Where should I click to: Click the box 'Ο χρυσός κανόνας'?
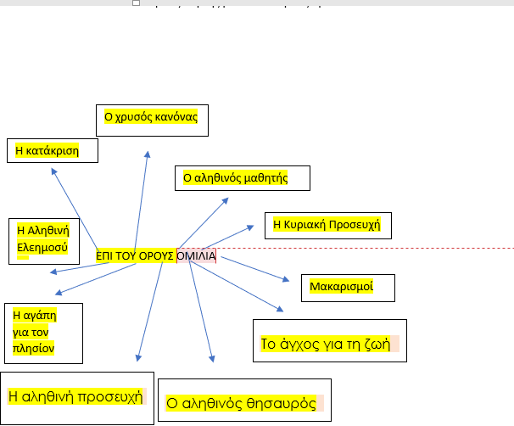click(x=151, y=116)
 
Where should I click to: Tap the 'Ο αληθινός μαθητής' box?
click(x=242, y=177)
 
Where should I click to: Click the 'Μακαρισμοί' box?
click(x=348, y=288)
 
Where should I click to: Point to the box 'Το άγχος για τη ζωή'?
click(x=329, y=344)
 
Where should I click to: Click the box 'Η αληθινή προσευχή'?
click(x=76, y=396)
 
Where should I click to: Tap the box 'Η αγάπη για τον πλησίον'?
click(x=42, y=332)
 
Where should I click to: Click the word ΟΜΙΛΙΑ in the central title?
click(x=197, y=255)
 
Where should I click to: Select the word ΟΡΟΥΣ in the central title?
click(x=157, y=255)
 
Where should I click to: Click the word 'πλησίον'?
click(x=34, y=347)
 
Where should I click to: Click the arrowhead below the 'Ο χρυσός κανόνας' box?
click(x=148, y=154)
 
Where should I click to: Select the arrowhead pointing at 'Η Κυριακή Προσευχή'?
click(x=250, y=227)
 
